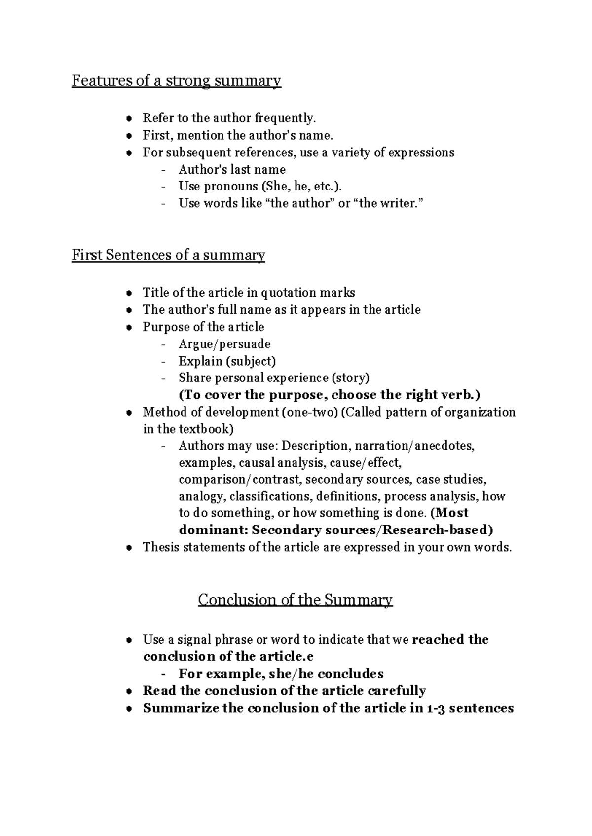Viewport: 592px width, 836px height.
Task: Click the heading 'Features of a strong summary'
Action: coord(176,80)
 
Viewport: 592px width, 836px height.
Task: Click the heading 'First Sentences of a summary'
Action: coord(168,255)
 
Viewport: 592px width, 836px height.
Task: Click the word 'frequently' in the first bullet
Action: coord(284,118)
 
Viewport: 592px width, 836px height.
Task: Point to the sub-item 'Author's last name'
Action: coord(232,169)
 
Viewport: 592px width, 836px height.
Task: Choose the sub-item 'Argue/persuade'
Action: coord(224,344)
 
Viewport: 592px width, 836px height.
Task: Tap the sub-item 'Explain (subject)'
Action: coord(227,361)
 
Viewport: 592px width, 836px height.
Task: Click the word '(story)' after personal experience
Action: coord(351,378)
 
